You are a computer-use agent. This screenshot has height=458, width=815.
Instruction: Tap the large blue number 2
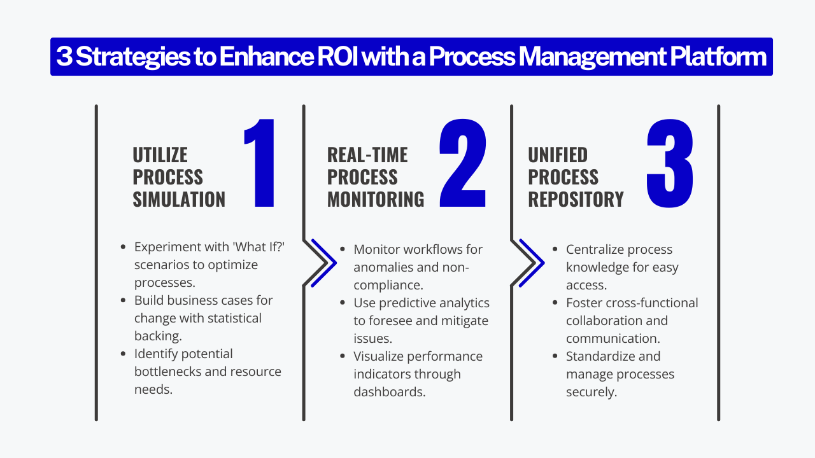point(464,163)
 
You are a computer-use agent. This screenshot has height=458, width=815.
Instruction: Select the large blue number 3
point(670,163)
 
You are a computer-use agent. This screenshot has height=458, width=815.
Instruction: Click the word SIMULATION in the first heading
point(179,199)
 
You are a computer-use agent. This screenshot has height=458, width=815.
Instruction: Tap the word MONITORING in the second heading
point(376,199)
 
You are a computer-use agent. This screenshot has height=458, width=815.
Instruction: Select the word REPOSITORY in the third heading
point(576,199)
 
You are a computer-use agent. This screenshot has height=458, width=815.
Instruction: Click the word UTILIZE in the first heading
point(160,155)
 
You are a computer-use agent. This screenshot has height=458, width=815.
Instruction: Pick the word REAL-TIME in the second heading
point(367,155)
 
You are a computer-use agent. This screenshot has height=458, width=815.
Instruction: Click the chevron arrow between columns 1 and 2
point(322,262)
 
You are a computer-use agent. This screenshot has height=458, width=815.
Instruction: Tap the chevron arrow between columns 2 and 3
point(530,262)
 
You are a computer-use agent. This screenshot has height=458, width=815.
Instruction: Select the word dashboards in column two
point(389,392)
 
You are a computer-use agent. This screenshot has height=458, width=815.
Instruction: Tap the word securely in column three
point(591,392)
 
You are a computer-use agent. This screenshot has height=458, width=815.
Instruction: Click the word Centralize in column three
point(598,249)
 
